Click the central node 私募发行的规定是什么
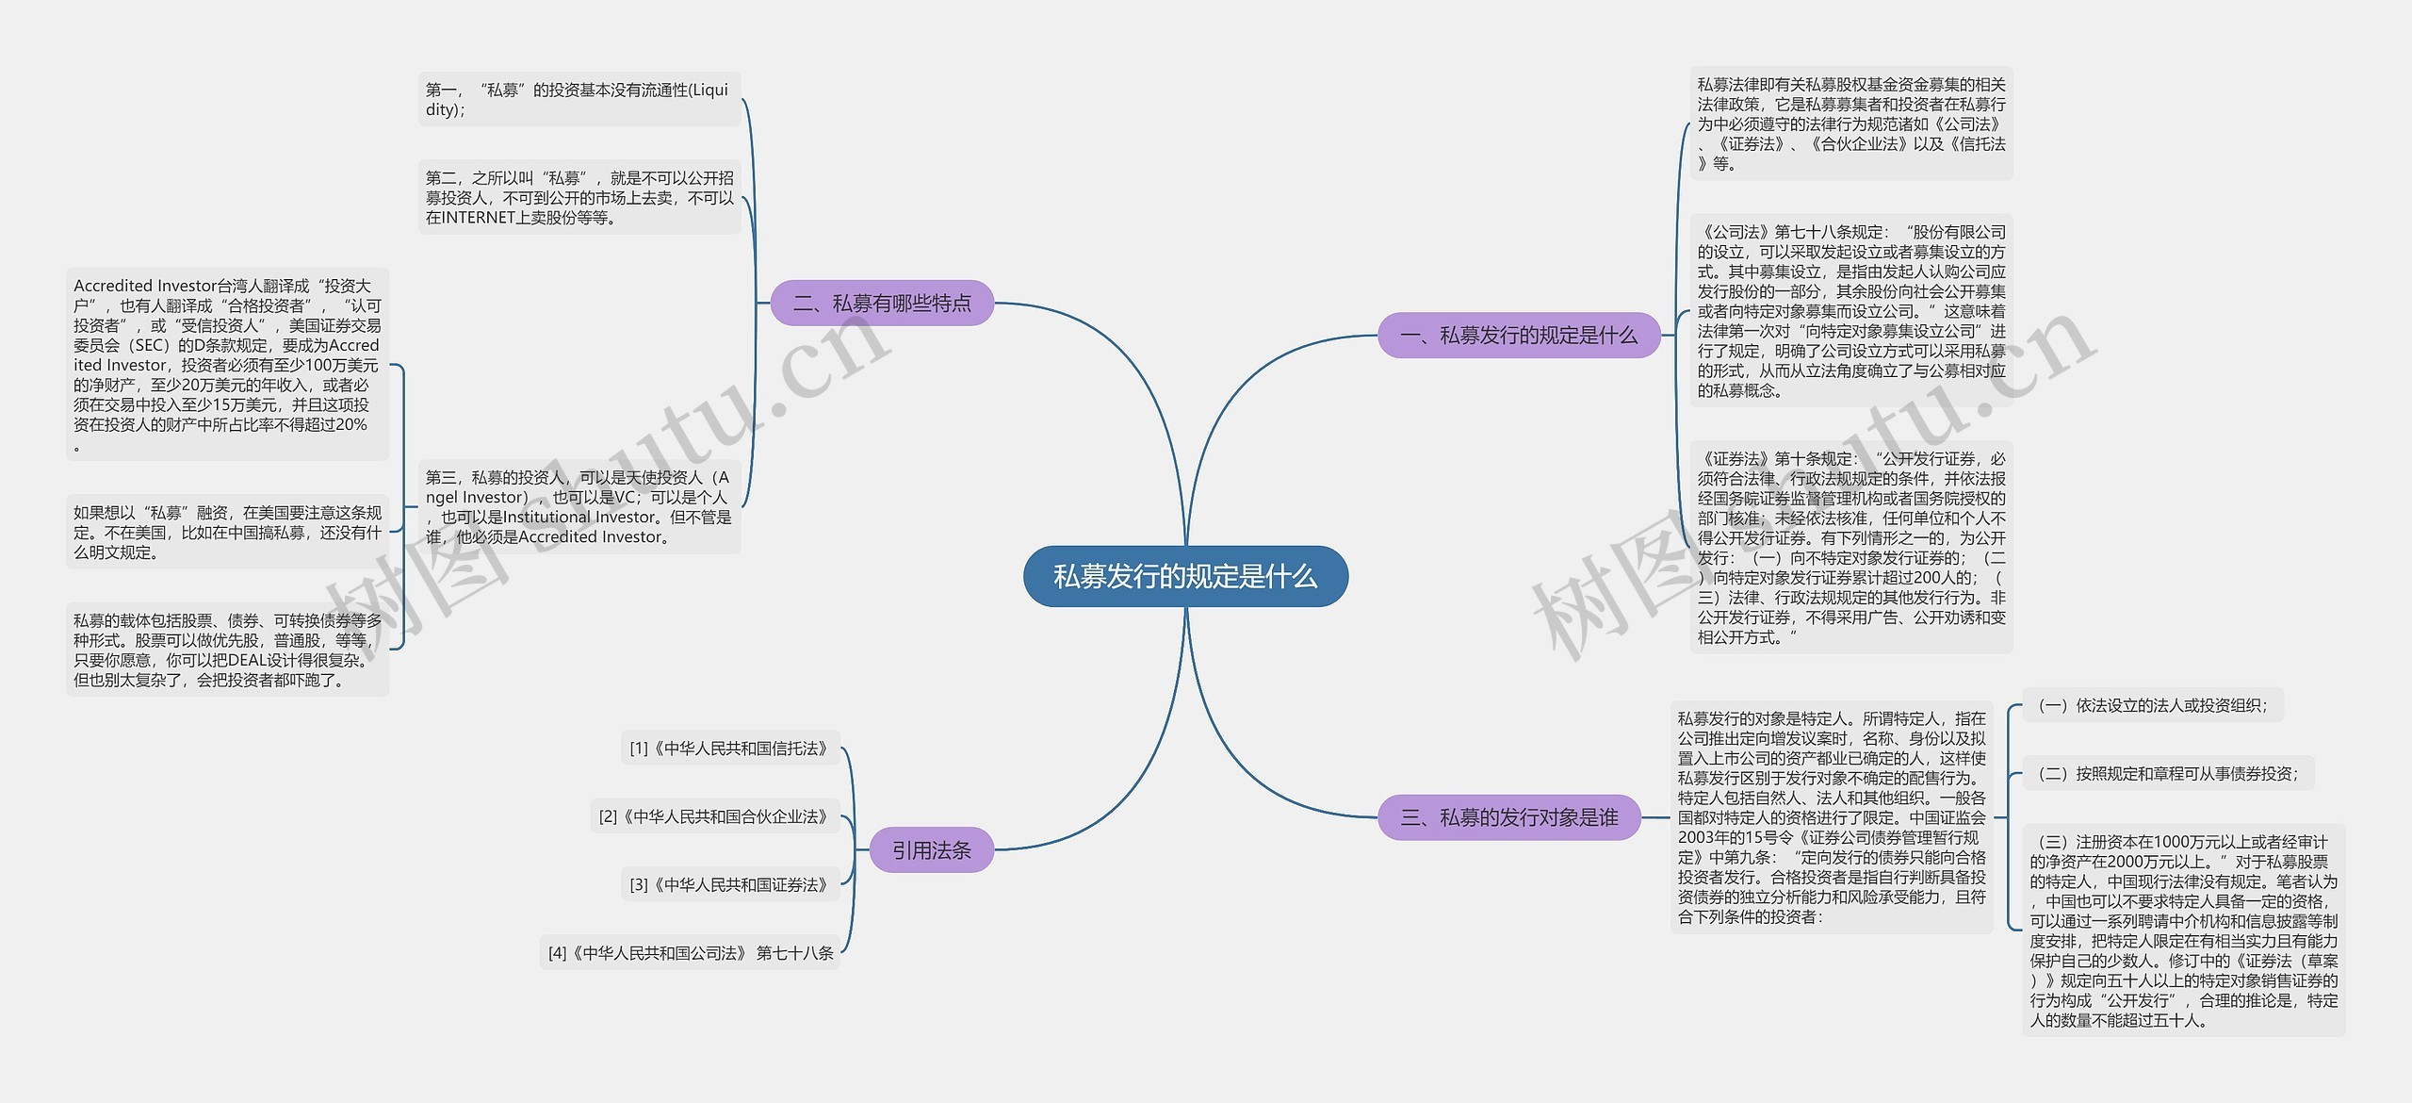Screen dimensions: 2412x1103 pos(1185,576)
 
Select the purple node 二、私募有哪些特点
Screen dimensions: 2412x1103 pos(882,303)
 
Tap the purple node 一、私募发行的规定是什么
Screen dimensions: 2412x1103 pos(1519,335)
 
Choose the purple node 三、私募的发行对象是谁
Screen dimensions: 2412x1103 pos(1509,817)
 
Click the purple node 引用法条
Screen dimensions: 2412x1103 pos(931,850)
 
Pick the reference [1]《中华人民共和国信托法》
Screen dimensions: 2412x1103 pos(730,749)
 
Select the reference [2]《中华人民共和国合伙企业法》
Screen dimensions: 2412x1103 pos(715,816)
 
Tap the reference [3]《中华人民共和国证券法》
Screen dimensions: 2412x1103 pos(730,884)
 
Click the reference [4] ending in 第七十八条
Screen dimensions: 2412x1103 pos(691,953)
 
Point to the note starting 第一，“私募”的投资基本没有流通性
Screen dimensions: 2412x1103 pos(579,99)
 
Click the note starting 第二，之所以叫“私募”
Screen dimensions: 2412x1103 pos(579,197)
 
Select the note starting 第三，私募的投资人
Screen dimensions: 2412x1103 pos(579,507)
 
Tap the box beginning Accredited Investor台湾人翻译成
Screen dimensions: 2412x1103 pos(227,364)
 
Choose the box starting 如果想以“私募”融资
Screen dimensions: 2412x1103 pos(227,533)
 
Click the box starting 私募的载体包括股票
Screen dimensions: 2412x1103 pos(227,650)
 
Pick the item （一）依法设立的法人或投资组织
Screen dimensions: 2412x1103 pos(2152,705)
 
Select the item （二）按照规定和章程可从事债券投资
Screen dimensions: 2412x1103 pos(2167,773)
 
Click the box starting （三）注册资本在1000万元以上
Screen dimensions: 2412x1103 pos(2183,930)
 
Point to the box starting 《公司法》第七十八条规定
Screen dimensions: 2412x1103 pos(1851,310)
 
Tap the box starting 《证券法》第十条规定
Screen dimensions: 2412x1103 pos(1851,548)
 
